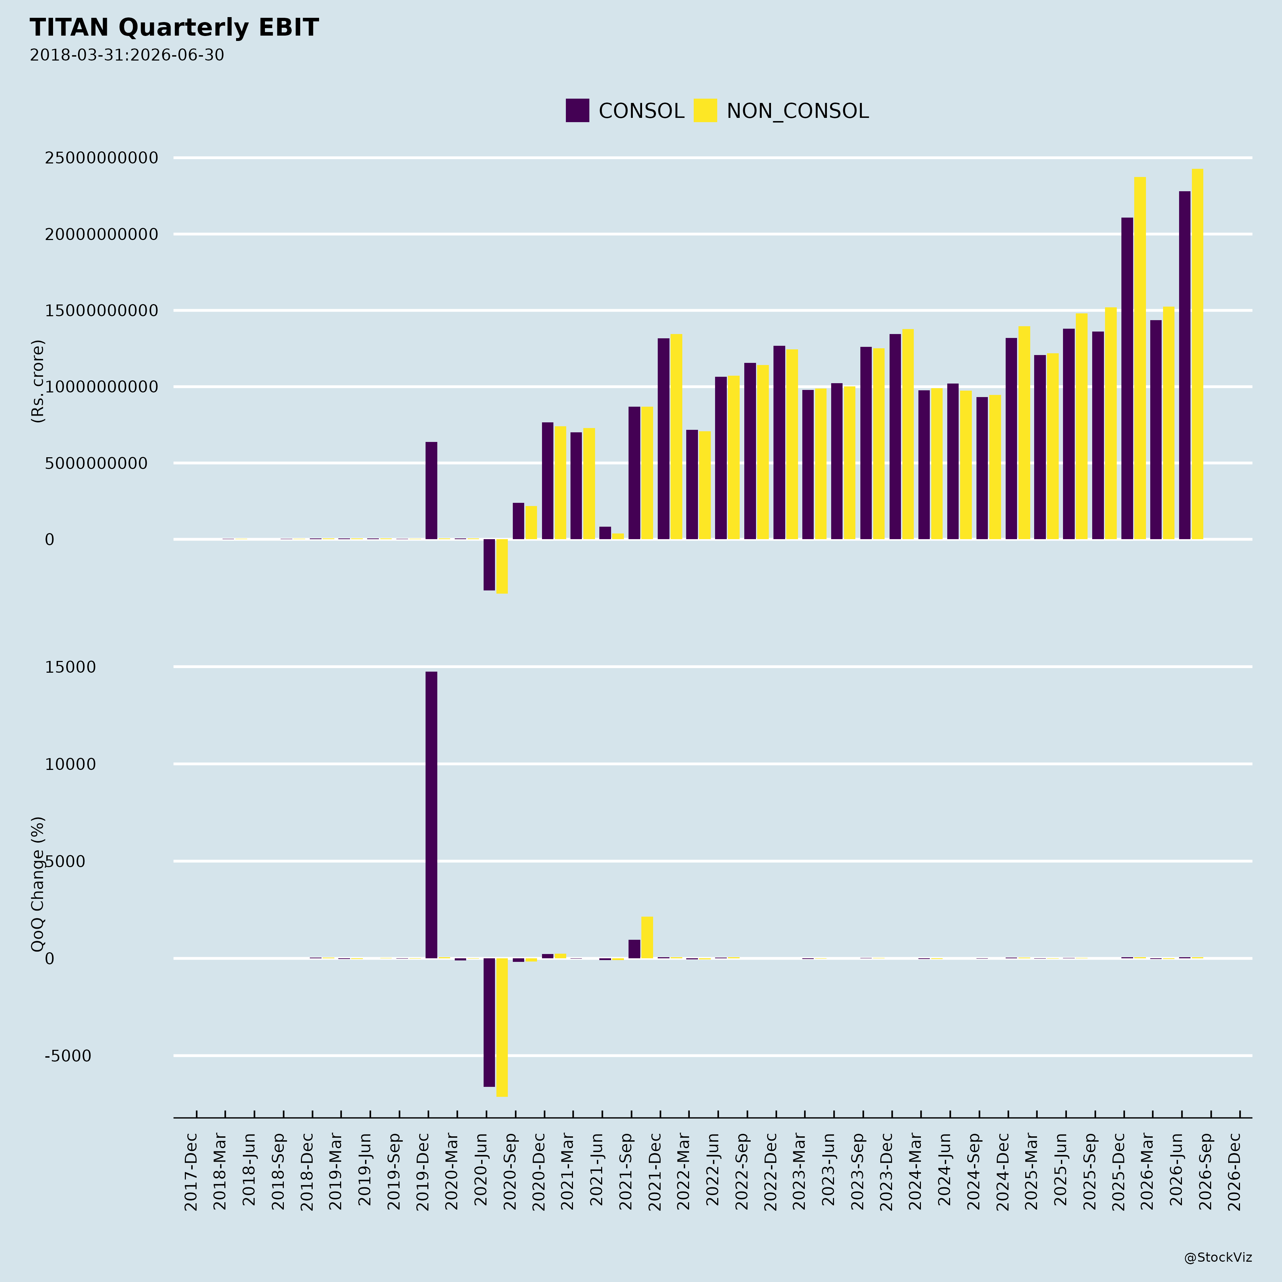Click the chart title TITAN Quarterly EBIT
pos(174,28)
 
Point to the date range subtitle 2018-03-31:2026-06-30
pos(127,55)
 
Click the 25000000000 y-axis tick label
pos(101,158)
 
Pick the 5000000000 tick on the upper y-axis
pos(96,463)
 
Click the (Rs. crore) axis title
pos(38,381)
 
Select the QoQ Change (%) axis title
pos(38,884)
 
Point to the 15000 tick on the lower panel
pos(71,667)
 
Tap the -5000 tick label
pos(68,1056)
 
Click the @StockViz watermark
pos(1218,1257)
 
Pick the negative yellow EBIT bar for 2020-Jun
pos(502,566)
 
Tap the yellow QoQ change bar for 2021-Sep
pos(647,938)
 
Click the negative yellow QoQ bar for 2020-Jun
pos(502,1027)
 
